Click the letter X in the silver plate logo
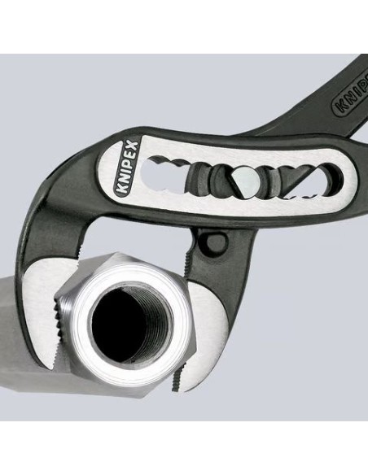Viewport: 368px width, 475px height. (134, 147)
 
